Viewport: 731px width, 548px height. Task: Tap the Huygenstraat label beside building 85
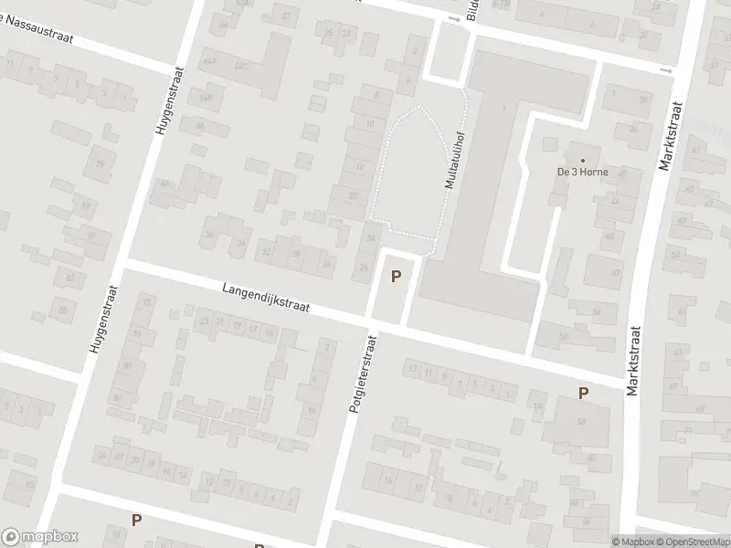coord(101,311)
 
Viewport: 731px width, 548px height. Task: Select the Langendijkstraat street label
coord(265,299)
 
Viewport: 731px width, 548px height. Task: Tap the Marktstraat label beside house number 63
coord(634,359)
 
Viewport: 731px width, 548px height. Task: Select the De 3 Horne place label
coord(582,173)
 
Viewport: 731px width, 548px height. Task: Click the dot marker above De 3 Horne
coord(582,160)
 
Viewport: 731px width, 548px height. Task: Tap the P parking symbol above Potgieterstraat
coord(396,276)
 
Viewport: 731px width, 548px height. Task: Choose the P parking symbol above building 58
coord(583,393)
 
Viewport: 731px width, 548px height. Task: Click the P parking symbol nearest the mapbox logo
coord(136,520)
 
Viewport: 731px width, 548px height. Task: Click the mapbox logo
coord(40,537)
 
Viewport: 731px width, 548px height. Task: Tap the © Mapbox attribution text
coord(632,541)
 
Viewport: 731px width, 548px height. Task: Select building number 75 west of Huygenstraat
coord(100,163)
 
